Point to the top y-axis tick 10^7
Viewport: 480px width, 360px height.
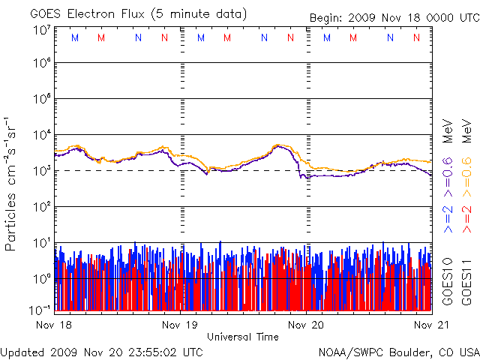41,30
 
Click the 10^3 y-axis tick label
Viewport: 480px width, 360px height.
41,171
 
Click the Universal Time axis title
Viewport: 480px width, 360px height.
243,337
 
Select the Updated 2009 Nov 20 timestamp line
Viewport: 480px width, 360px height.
101,352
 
